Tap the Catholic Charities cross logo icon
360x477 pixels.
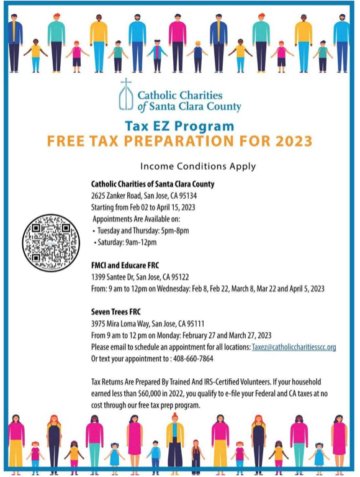pos(126,96)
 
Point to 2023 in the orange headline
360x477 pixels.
pos(286,141)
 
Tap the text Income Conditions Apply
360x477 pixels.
pos(198,166)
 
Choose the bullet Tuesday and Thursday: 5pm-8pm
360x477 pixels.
pos(142,230)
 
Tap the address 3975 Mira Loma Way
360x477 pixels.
pos(122,324)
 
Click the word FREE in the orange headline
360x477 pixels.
pos(72,141)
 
